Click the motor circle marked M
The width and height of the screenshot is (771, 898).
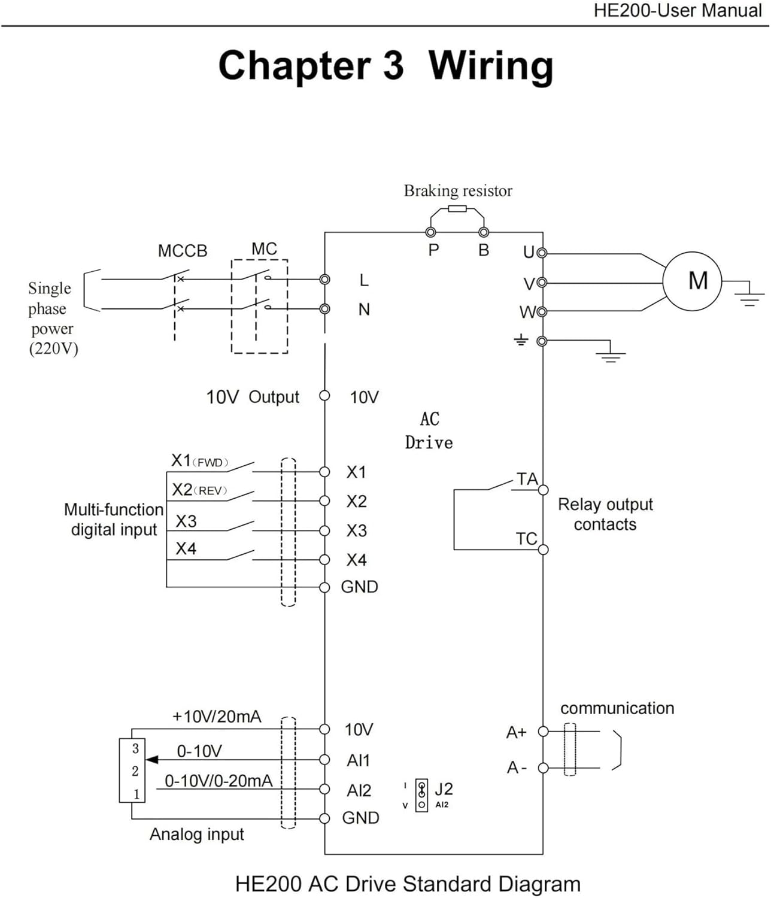click(692, 281)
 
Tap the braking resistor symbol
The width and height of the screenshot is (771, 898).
click(457, 208)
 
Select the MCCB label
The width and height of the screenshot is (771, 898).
click(182, 251)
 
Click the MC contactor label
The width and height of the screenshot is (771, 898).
click(264, 248)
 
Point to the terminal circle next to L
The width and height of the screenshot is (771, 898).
click(324, 280)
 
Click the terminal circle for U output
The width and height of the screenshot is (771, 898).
click(542, 253)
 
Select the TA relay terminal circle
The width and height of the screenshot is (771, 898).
click(543, 490)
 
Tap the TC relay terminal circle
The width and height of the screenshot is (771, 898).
click(543, 549)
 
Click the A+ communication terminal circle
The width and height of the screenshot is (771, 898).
click(543, 731)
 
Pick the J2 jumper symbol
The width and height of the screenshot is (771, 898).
click(422, 795)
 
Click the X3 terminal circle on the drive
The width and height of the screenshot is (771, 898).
click(324, 530)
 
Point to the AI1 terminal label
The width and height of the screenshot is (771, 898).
click(359, 760)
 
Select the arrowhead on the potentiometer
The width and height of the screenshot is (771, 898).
click(152, 760)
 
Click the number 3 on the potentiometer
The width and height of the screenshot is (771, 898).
click(135, 748)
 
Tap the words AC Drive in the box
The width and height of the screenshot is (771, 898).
click(429, 431)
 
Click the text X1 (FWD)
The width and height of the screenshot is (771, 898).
click(199, 461)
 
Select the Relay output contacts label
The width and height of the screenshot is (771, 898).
click(605, 514)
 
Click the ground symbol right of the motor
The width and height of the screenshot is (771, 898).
click(749, 297)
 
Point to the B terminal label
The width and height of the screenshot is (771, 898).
click(484, 250)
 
